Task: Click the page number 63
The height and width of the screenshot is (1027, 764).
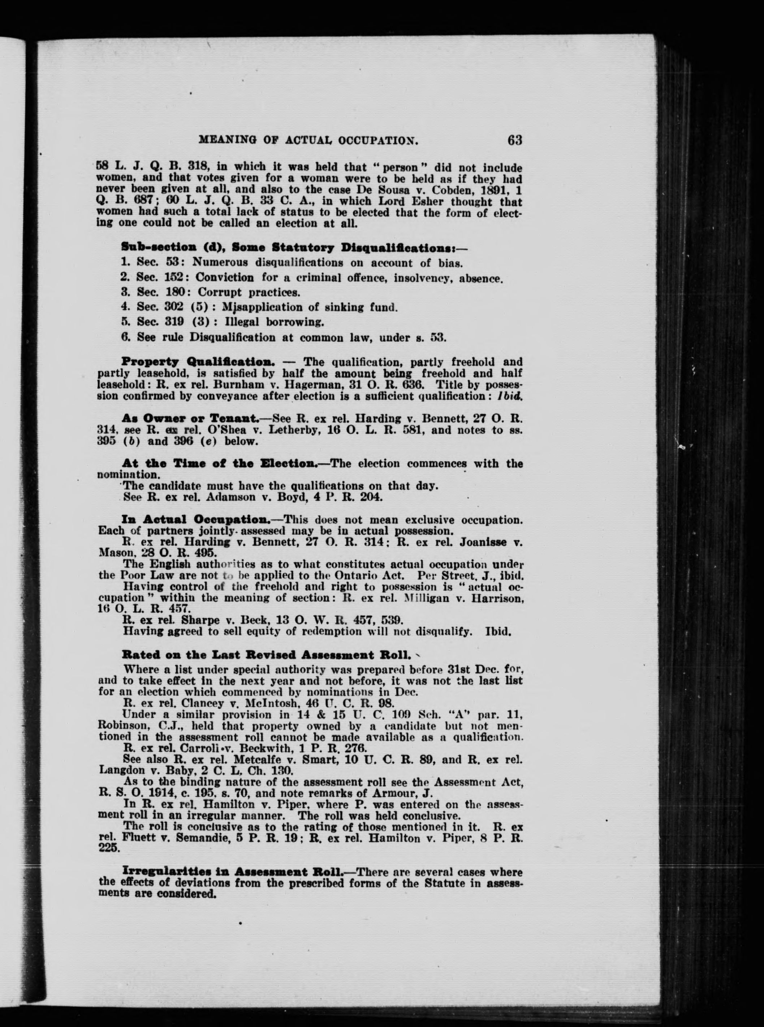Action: click(x=514, y=140)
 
